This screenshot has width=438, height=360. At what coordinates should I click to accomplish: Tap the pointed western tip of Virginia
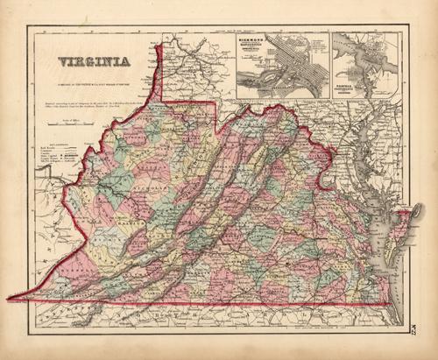11,299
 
